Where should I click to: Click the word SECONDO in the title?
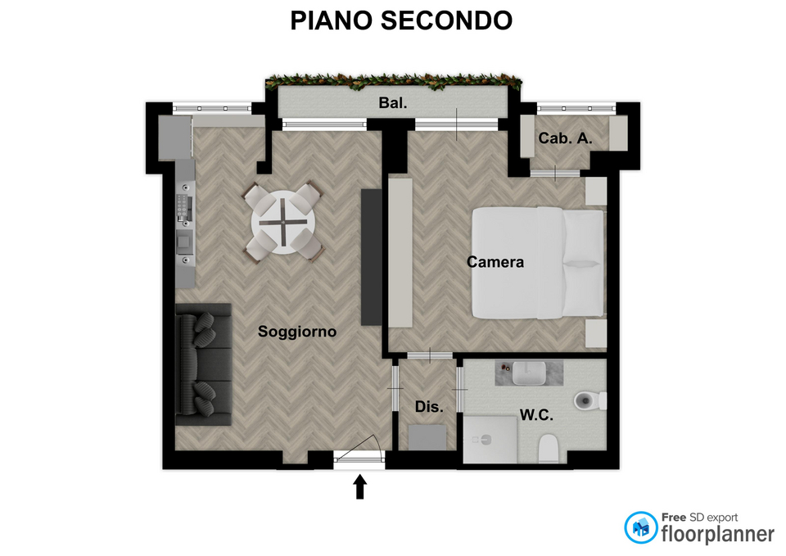click(447, 20)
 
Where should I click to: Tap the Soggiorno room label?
click(296, 332)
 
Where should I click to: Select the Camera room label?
click(495, 262)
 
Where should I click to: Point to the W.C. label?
click(536, 414)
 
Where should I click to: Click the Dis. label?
click(429, 407)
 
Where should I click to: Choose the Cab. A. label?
click(565, 138)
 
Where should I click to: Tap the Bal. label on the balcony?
click(393, 103)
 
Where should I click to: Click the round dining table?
click(283, 222)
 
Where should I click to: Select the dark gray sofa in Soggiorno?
click(204, 364)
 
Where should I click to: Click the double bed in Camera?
click(538, 263)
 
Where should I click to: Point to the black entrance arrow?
click(360, 487)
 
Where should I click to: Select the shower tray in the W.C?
click(490, 440)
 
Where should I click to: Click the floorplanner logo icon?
click(640, 527)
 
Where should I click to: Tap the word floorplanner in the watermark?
click(718, 534)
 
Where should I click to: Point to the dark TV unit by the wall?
click(372, 257)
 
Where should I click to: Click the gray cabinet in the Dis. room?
click(427, 438)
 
